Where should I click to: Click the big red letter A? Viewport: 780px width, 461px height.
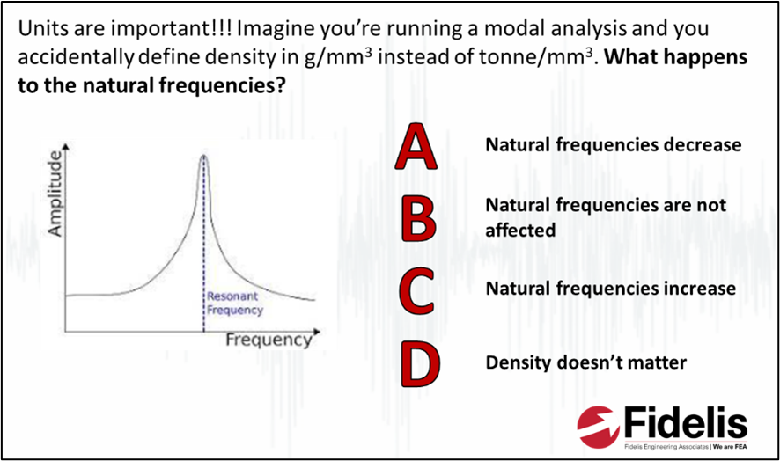[416, 146]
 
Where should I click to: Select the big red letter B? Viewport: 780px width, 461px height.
[418, 218]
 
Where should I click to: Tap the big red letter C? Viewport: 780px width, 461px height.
[417, 290]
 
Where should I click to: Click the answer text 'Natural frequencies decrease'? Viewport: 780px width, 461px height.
[614, 144]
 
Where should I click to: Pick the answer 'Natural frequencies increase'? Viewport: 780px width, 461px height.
[610, 289]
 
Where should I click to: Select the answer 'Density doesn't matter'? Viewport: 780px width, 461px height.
[586, 362]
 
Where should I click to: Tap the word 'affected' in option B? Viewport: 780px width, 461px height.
[520, 230]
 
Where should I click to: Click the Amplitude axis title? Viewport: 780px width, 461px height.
[55, 193]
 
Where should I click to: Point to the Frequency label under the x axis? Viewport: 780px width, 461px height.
[269, 340]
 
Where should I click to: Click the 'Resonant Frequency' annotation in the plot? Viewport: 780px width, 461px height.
[235, 303]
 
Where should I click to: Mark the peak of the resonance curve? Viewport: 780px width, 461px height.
[203, 156]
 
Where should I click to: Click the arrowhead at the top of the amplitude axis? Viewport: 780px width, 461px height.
[65, 146]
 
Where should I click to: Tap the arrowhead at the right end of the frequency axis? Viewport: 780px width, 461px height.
[316, 331]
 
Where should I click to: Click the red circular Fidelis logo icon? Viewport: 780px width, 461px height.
[596, 427]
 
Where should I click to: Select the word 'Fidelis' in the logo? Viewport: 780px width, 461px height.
[686, 422]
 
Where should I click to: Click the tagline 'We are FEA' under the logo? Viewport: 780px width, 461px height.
[729, 447]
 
